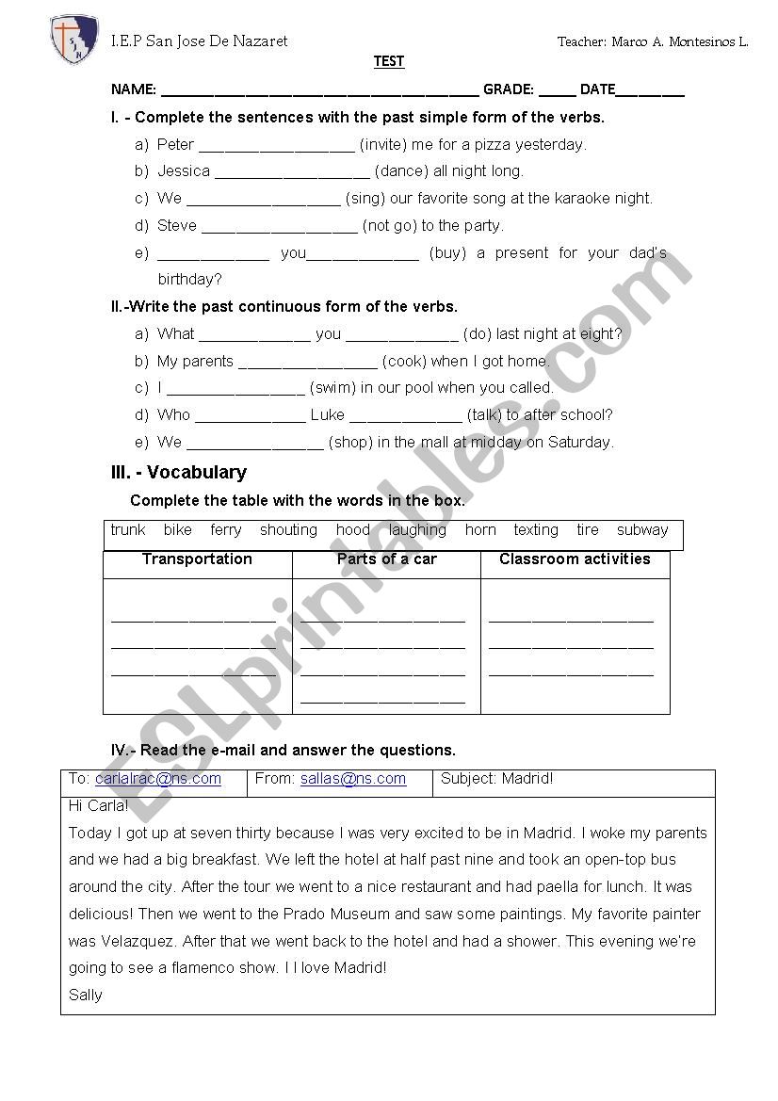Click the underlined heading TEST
click(x=389, y=61)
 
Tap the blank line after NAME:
click(x=320, y=91)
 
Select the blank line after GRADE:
click(x=558, y=91)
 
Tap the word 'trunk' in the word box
click(x=128, y=530)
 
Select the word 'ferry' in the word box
click(x=226, y=530)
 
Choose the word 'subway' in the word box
click(x=642, y=530)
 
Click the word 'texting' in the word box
click(x=536, y=530)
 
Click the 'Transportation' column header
click(x=197, y=559)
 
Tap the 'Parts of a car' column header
click(x=386, y=559)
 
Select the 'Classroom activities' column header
click(x=575, y=559)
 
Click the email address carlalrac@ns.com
click(x=158, y=779)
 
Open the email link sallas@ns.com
click(x=353, y=779)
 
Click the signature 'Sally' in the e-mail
click(x=86, y=995)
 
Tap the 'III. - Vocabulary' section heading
click(x=179, y=473)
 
